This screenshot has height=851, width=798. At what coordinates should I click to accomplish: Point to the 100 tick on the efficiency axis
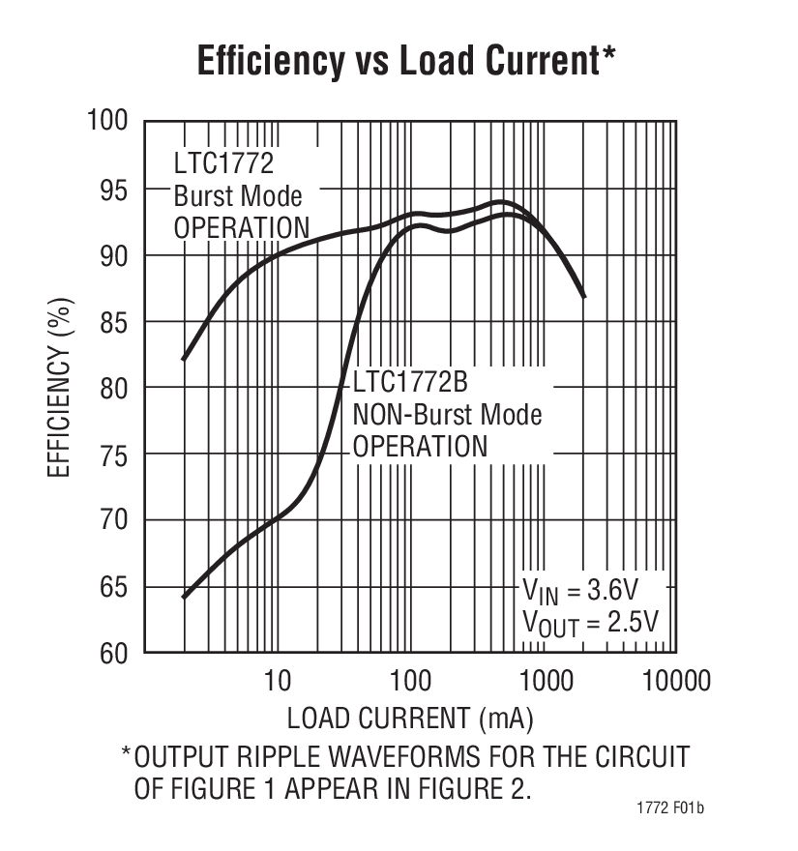click(x=107, y=121)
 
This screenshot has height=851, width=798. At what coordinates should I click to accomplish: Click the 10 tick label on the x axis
click(x=277, y=681)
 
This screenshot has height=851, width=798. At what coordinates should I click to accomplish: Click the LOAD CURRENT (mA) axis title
click(x=410, y=719)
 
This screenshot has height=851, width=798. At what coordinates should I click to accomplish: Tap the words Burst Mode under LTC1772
click(x=238, y=195)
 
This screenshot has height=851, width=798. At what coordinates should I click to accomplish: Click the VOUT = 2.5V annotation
click(x=590, y=622)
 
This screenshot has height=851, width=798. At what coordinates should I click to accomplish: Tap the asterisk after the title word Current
click(x=608, y=55)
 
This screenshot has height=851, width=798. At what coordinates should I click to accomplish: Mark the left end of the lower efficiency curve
click(x=184, y=597)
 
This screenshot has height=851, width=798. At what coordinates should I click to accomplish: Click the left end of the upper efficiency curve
click(x=184, y=359)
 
